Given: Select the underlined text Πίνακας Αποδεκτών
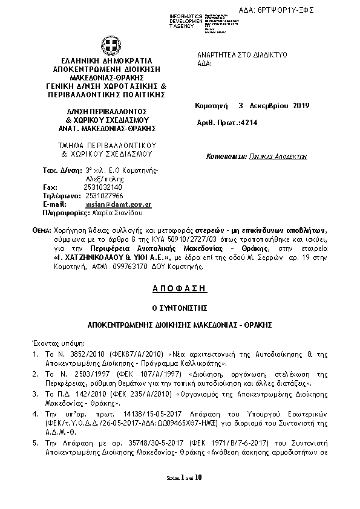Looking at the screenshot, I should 278,156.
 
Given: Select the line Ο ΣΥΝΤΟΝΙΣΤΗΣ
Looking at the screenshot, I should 180,308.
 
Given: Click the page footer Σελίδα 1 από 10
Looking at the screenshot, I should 180,494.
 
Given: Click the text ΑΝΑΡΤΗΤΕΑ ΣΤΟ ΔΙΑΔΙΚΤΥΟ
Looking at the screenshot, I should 242,54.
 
